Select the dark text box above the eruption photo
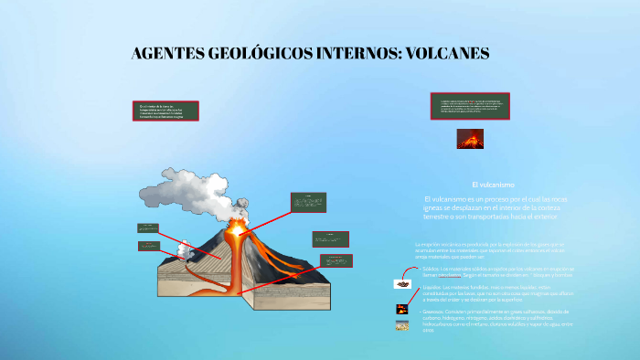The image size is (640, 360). pos(470,106)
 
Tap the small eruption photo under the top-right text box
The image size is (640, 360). pos(471,139)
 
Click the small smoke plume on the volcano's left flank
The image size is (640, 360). pos(186,247)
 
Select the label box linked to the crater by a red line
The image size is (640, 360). pos(308,202)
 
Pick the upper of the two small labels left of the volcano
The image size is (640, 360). pos(149,228)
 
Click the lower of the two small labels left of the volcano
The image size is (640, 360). pos(149,246)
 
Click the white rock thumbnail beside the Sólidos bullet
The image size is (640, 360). pos(401,283)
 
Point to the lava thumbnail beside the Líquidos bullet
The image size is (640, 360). pos(402,310)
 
